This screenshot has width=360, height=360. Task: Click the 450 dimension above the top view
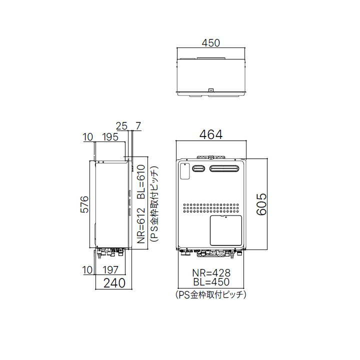point(211,43)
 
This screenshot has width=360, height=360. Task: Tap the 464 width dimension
point(211,134)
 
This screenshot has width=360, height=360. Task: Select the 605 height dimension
point(261,204)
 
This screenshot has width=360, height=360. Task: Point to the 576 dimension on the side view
point(84,204)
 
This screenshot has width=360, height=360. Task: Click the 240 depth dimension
point(114,283)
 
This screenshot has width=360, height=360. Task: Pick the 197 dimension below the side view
point(110,270)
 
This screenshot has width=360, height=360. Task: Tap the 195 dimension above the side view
point(110,137)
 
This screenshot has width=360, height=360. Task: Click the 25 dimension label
point(121,126)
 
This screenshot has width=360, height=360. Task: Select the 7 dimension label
point(138,126)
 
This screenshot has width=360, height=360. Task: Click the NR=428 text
point(211,273)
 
